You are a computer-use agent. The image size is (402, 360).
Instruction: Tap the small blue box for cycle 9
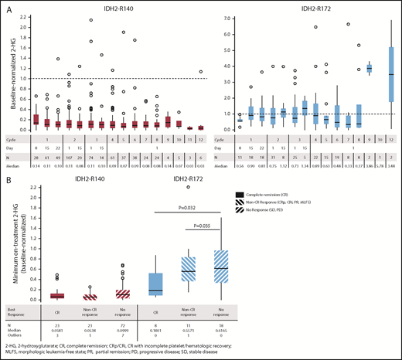(369, 68)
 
